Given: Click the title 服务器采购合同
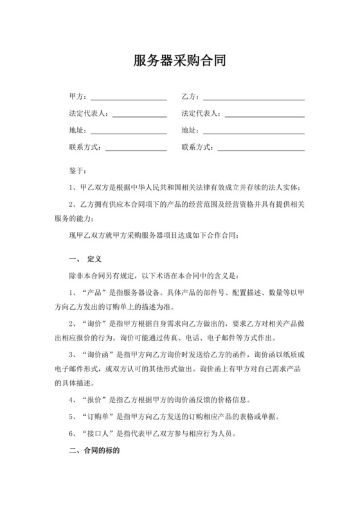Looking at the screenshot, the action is click(x=179, y=61).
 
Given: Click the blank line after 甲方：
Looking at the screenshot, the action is click(x=129, y=98).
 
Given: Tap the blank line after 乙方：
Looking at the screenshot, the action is click(x=253, y=98).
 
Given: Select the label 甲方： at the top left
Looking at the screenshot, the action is click(x=79, y=96).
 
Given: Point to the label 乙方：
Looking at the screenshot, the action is click(x=191, y=96).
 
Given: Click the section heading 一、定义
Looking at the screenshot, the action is click(x=86, y=260).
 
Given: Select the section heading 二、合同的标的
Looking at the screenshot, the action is click(x=94, y=451).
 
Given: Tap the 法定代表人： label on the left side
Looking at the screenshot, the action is click(x=90, y=114).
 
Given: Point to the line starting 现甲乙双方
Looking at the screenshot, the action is click(x=154, y=235).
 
